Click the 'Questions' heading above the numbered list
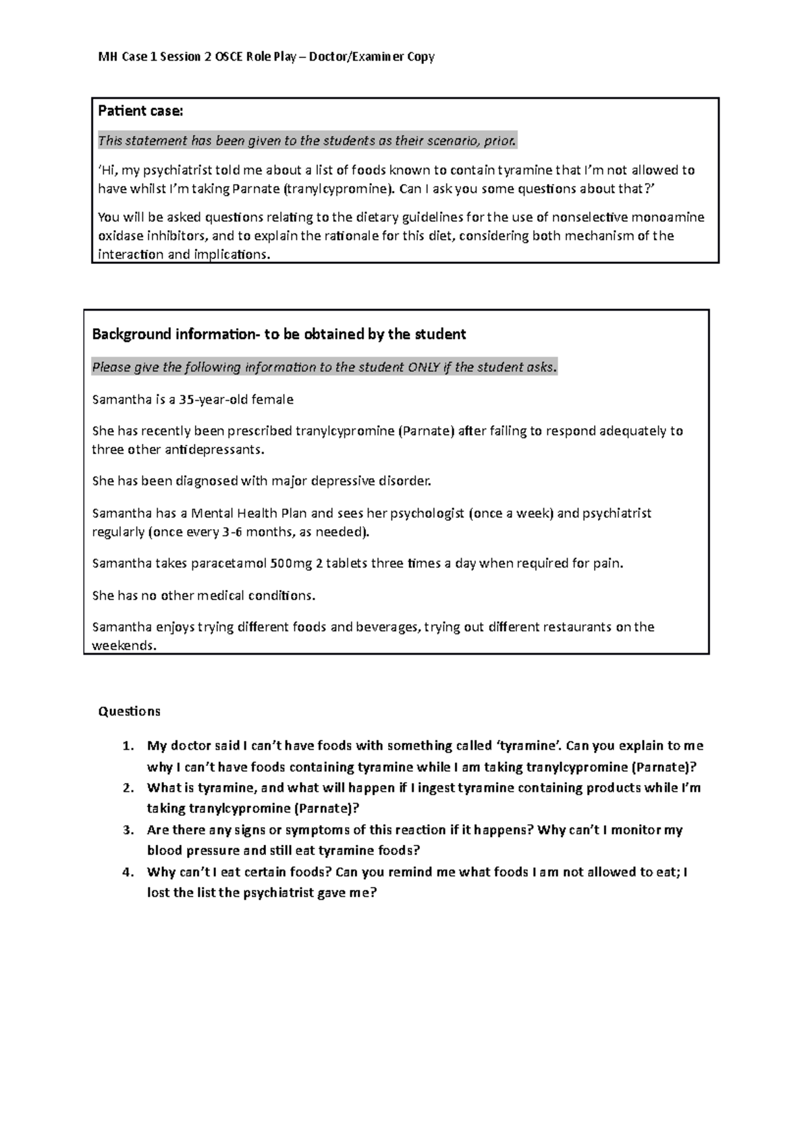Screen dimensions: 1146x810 [x=129, y=711]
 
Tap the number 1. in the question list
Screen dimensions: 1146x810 [x=128, y=746]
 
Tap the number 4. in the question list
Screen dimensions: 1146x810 [x=128, y=871]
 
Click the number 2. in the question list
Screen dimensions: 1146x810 [x=128, y=788]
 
